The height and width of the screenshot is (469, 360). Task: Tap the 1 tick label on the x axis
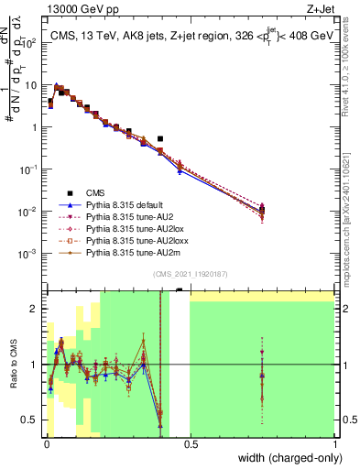click(334, 444)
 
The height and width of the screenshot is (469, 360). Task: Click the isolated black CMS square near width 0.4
click(160, 139)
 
